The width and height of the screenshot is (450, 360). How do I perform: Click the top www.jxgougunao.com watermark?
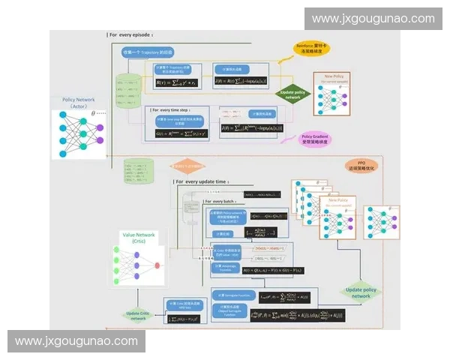[x=373, y=19]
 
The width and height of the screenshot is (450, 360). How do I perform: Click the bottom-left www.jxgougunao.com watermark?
[x=76, y=341]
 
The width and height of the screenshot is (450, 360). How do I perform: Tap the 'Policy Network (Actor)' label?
[x=79, y=103]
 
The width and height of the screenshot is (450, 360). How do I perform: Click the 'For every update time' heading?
[x=202, y=181]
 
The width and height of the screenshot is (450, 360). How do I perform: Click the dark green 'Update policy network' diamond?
[x=294, y=94]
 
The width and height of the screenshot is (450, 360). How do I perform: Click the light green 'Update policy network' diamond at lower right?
[x=361, y=292]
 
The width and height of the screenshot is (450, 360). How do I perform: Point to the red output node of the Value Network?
[x=157, y=265]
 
